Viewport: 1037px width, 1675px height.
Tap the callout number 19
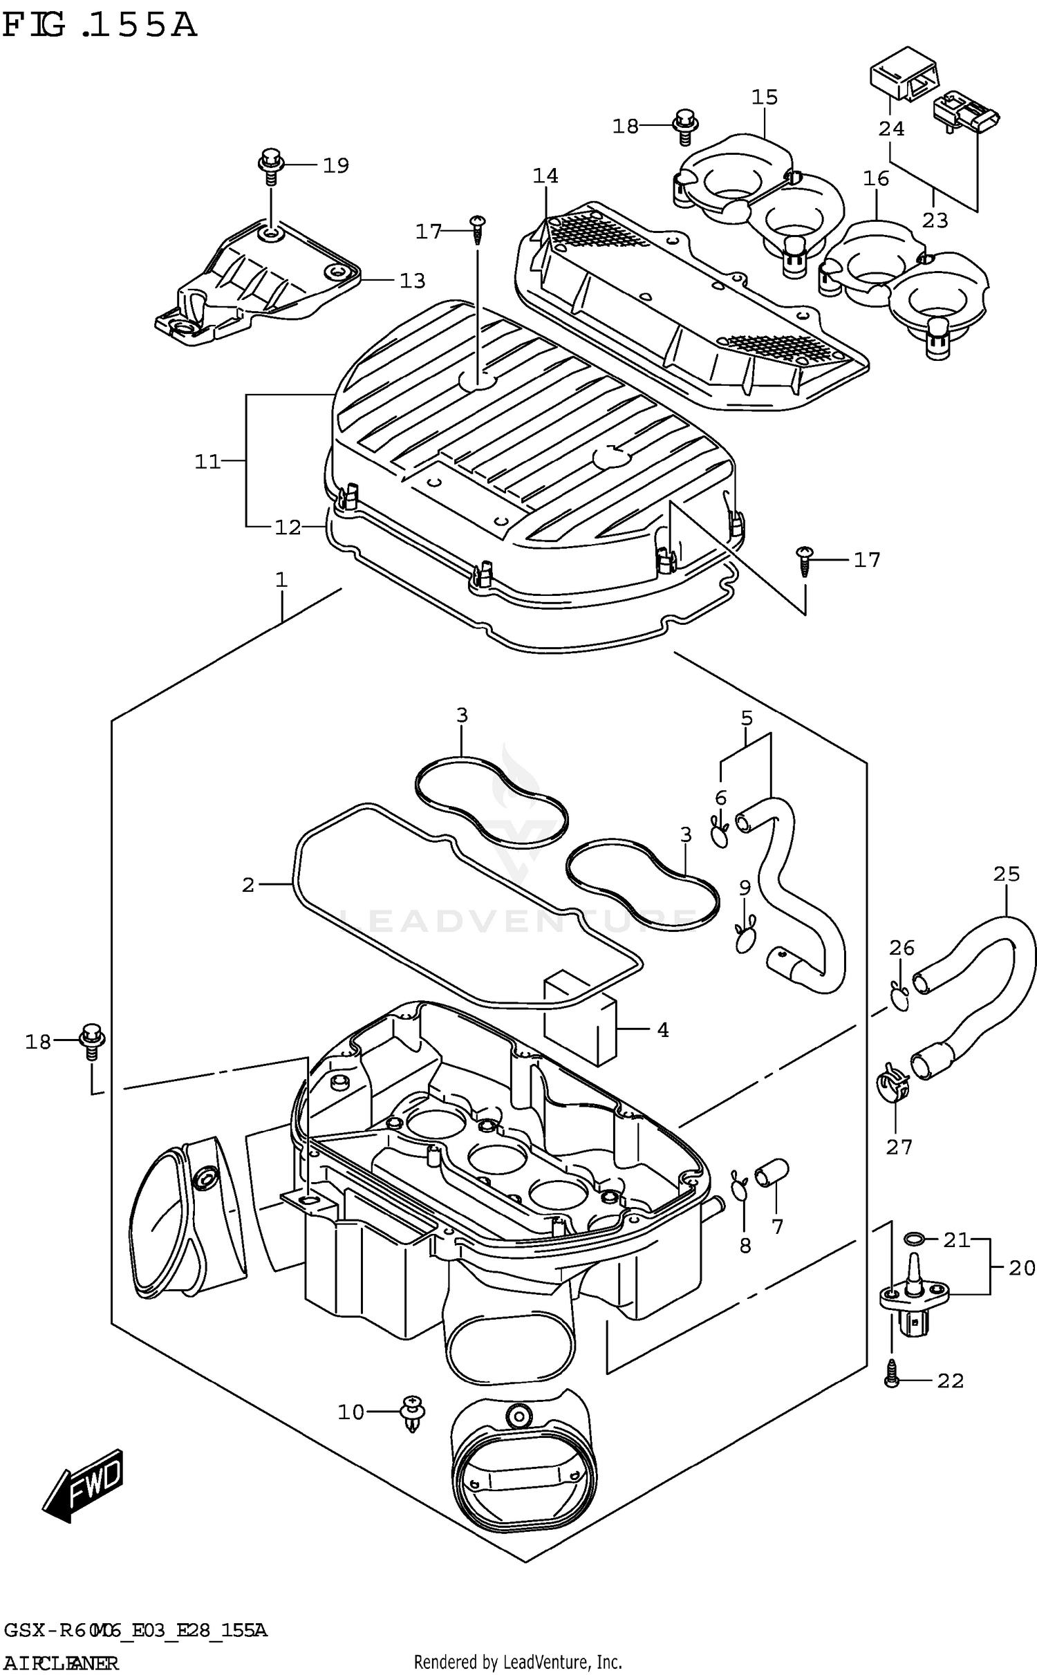(x=336, y=166)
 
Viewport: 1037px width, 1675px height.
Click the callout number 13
(x=412, y=281)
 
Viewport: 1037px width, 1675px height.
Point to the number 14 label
(x=545, y=176)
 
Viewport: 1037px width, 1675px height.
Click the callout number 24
(x=891, y=129)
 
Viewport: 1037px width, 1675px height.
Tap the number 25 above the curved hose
(x=1006, y=874)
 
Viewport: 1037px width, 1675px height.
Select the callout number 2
(x=248, y=885)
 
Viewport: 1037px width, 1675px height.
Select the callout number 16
(x=875, y=179)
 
